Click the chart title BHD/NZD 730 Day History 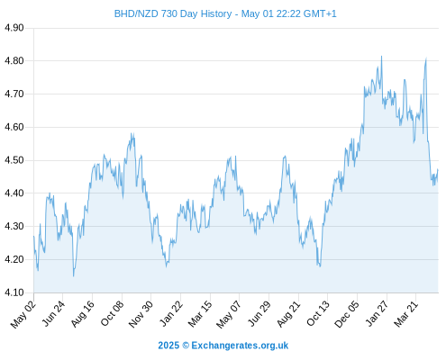[x=173, y=13]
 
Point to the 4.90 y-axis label [x=14, y=28]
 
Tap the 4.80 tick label [x=14, y=61]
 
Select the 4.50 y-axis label [x=14, y=160]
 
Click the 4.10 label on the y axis [x=14, y=292]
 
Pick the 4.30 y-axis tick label [x=14, y=226]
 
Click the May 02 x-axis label [x=23, y=314]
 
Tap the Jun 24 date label [x=53, y=314]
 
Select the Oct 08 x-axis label [x=112, y=314]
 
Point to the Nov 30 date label [x=141, y=314]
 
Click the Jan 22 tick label [x=170, y=314]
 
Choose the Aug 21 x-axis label [x=288, y=314]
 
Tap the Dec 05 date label [x=347, y=314]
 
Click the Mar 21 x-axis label [x=406, y=314]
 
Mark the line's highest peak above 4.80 [x=381, y=56]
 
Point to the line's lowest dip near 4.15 [x=73, y=276]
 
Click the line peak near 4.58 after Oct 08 [x=132, y=133]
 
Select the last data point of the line [x=438, y=170]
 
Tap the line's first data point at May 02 [x=33, y=237]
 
